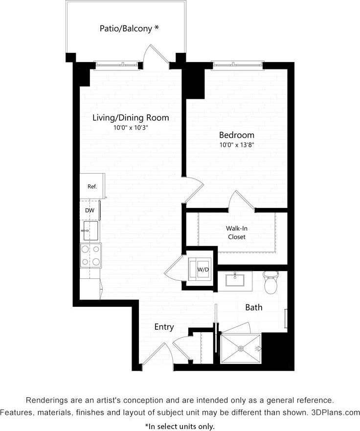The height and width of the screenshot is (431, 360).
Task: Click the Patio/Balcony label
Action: (x=129, y=28)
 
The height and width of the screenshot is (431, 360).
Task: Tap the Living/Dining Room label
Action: (x=131, y=117)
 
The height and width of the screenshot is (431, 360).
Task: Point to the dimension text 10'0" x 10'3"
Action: (x=131, y=128)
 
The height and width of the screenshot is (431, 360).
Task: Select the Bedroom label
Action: (x=236, y=135)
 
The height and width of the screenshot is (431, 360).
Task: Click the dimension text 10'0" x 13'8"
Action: (x=236, y=145)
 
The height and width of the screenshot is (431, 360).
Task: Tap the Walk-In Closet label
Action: (x=236, y=232)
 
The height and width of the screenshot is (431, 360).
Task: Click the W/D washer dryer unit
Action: (x=201, y=269)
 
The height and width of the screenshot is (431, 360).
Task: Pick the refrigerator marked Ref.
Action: (x=92, y=186)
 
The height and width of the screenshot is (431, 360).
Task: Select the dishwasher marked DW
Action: (x=90, y=210)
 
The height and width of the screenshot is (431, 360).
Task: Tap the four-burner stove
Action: (x=90, y=255)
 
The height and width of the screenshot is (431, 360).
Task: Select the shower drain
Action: (x=241, y=348)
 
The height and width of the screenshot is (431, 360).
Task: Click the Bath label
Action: (x=253, y=307)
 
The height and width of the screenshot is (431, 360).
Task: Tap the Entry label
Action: (x=164, y=327)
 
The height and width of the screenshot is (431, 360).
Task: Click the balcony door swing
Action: (x=156, y=54)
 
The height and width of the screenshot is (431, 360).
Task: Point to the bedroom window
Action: (x=237, y=64)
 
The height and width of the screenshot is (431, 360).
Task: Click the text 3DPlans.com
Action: (x=336, y=412)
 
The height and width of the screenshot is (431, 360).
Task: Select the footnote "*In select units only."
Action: (x=180, y=426)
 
